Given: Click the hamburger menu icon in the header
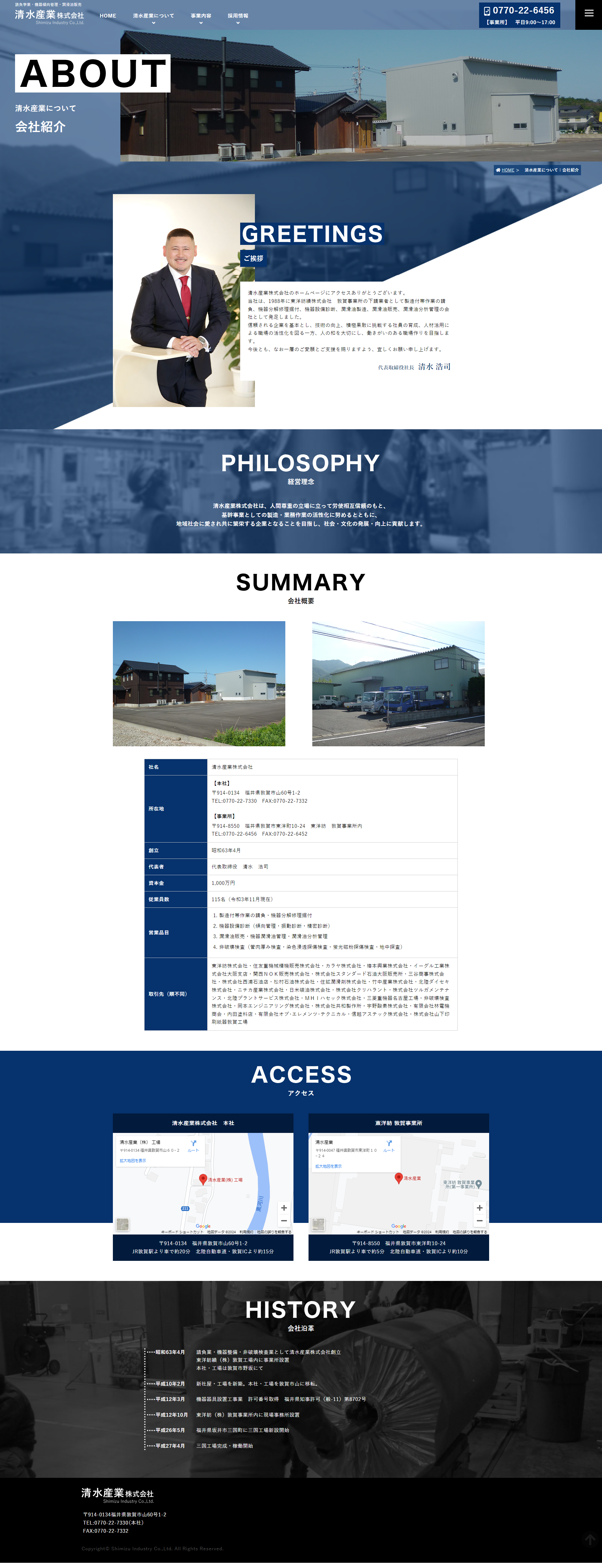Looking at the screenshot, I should pos(589,13).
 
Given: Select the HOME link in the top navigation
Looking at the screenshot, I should pos(108,16).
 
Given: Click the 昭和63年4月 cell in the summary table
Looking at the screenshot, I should pos(226,850).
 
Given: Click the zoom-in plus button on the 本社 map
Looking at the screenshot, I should pos(284,1208).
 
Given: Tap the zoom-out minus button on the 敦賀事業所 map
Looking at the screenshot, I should pos(479,1220).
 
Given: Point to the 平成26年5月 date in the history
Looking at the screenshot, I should pos(170,1430).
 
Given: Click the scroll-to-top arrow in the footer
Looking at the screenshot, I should pos(589,1540).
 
